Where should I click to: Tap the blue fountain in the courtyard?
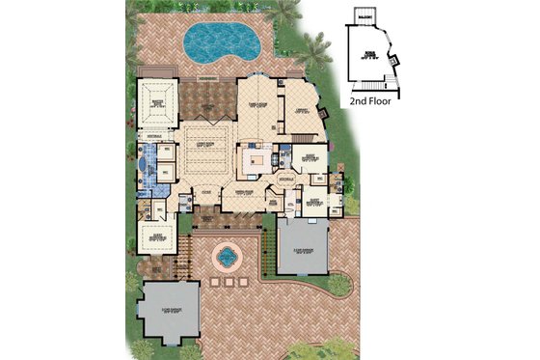click(x=226, y=257)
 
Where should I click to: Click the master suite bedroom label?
click(x=157, y=104)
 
